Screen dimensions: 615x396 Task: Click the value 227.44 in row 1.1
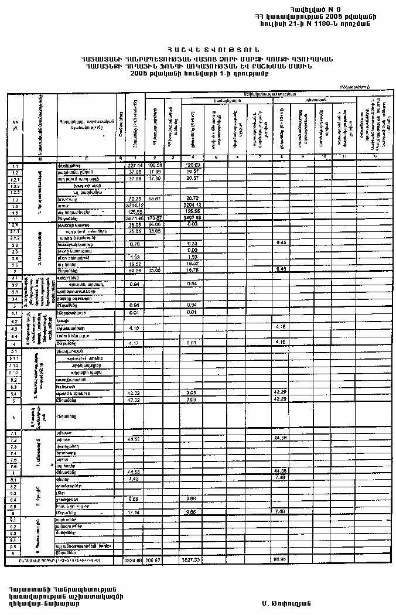[135, 166]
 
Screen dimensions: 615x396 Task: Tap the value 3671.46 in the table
[134, 218]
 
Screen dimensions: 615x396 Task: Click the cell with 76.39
[135, 199]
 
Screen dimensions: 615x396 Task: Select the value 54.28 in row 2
[135, 271]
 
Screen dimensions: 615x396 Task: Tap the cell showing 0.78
[135, 244]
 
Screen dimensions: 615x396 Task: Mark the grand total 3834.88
[134, 560]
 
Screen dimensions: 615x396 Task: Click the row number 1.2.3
[15, 192]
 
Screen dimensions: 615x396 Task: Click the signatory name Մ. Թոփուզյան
[286, 603]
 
